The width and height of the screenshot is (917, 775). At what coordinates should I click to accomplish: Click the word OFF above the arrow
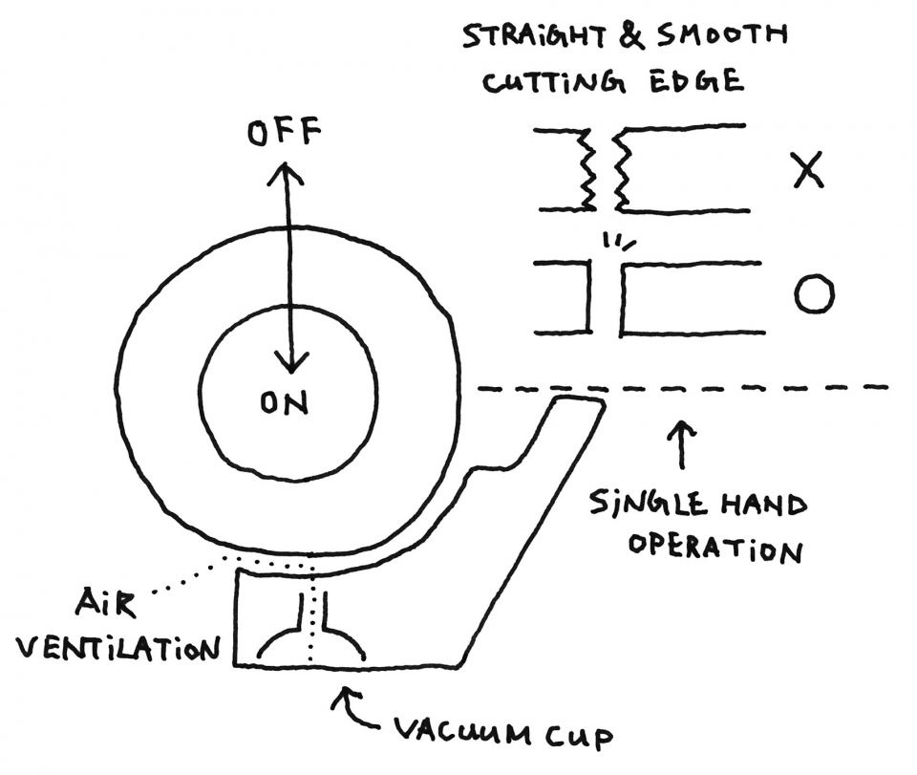285,132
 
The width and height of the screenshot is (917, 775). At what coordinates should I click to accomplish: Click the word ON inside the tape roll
285,403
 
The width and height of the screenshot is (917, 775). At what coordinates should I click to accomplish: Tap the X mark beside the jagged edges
808,170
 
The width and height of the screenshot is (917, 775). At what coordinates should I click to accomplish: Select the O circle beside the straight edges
814,293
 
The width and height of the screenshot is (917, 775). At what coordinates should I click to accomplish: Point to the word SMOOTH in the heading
721,35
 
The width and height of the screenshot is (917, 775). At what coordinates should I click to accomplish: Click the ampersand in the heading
630,35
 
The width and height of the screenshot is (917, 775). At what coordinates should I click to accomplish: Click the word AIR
105,603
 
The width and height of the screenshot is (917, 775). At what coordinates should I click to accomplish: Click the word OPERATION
715,549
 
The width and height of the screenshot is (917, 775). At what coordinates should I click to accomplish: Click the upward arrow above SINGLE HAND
682,444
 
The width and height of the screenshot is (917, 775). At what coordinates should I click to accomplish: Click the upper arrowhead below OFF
285,173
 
